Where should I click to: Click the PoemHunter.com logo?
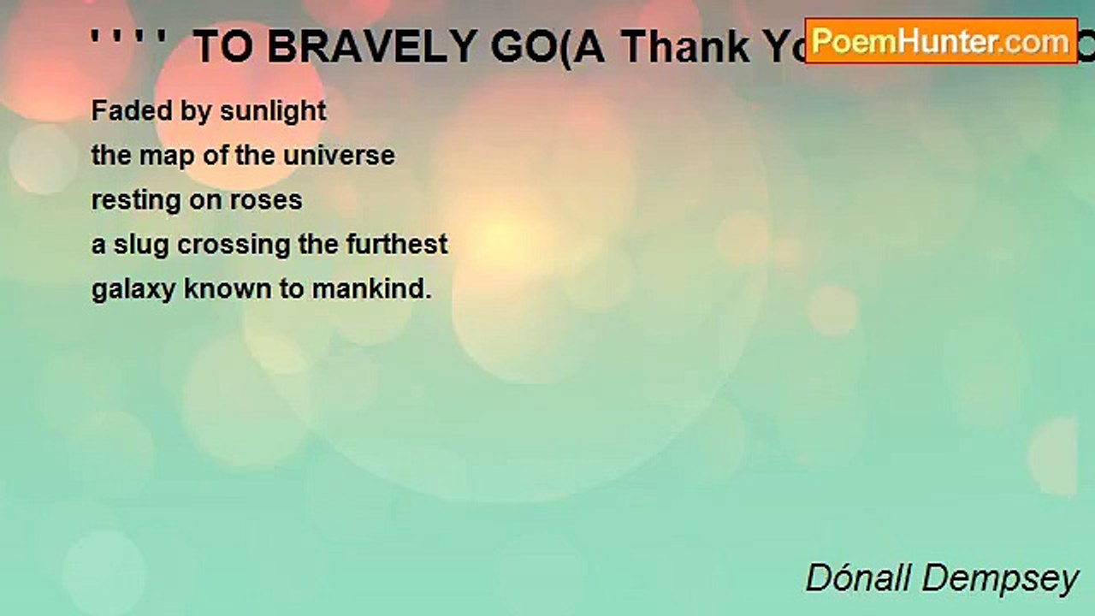[x=941, y=40]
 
